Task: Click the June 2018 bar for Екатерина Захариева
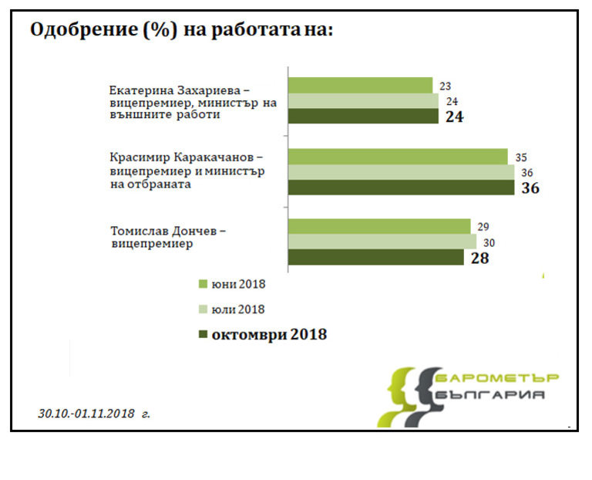[360, 86]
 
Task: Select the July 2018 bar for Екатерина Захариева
[363, 101]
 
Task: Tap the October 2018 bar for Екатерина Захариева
[363, 117]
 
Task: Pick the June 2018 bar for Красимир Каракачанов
[398, 157]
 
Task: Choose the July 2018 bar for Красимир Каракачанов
[401, 172]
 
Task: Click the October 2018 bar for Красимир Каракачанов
[401, 188]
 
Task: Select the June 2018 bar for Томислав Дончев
[378, 226]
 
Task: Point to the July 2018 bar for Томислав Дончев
[382, 242]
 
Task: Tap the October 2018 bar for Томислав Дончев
[375, 257]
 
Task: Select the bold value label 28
[479, 258]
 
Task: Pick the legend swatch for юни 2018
[203, 284]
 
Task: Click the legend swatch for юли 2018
[203, 309]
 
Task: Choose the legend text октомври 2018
[269, 335]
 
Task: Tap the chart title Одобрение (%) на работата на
[181, 30]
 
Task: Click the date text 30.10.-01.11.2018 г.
[94, 414]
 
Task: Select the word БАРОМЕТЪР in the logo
[496, 377]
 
